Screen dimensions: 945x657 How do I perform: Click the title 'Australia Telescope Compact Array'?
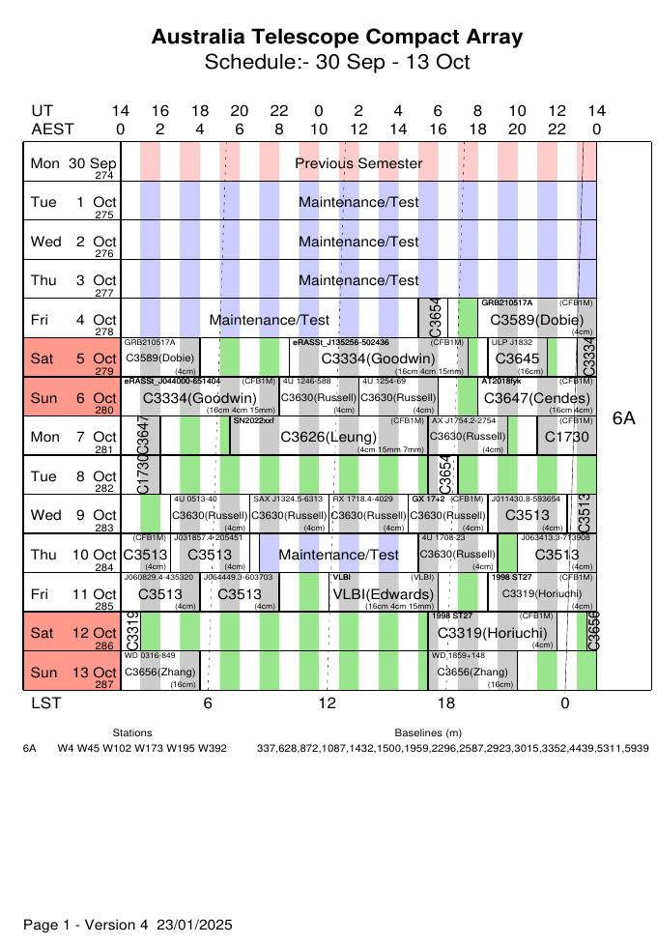click(x=337, y=38)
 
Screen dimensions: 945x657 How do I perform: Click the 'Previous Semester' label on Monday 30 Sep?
click(x=358, y=163)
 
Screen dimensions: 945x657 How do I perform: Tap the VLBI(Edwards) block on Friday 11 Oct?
click(x=382, y=593)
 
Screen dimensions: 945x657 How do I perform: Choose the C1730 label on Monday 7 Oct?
click(x=566, y=438)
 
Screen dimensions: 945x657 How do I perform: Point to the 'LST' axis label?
click(x=44, y=703)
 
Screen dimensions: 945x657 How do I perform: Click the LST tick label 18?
click(x=445, y=703)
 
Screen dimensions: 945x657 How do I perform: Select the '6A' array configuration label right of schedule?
click(x=624, y=417)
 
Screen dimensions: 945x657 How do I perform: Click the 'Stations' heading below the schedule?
click(x=132, y=733)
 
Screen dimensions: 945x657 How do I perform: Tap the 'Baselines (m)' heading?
click(x=428, y=733)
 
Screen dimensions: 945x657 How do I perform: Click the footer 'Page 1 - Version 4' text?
click(x=86, y=925)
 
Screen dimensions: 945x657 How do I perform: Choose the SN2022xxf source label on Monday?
click(x=254, y=421)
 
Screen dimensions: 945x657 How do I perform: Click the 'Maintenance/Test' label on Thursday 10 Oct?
click(x=338, y=555)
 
